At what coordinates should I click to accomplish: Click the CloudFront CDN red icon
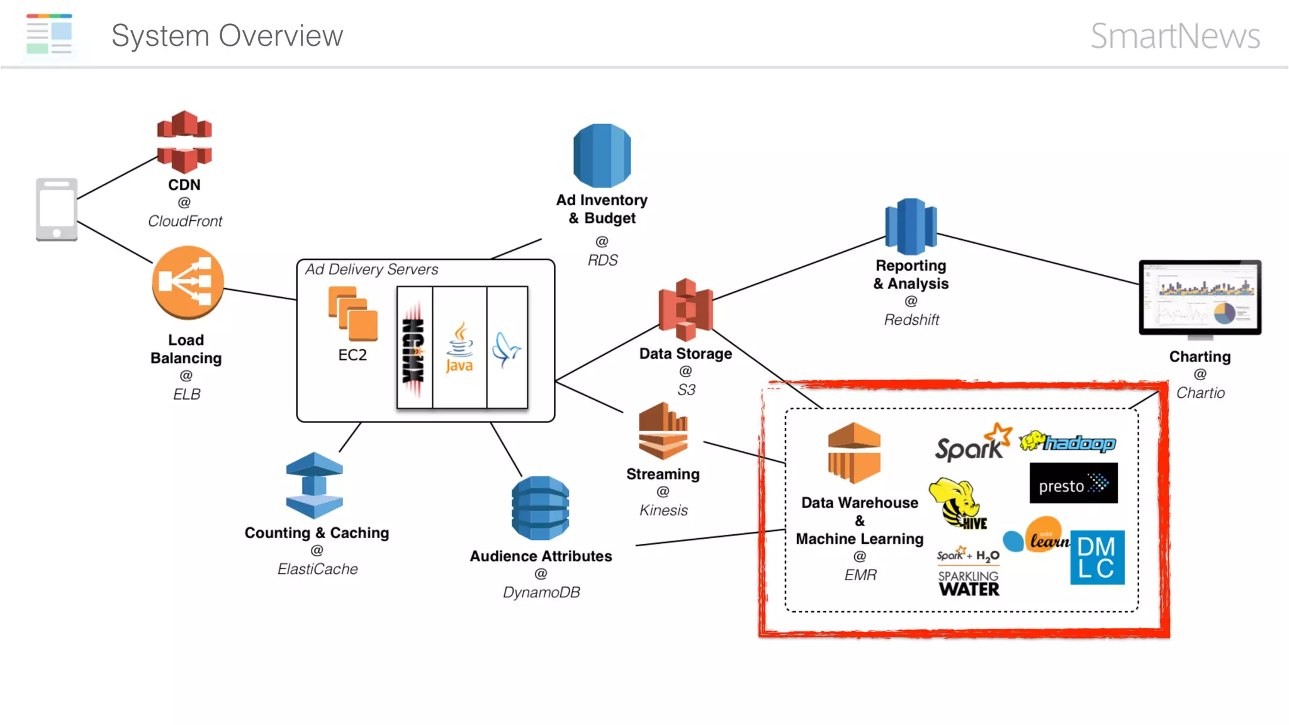(x=184, y=142)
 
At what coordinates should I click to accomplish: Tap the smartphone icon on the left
(x=57, y=210)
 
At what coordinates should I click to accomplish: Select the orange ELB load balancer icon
(x=188, y=282)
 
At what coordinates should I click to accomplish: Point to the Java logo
(x=459, y=347)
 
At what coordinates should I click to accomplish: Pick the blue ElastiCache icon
(x=314, y=485)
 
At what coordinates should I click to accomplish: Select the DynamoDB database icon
(x=540, y=508)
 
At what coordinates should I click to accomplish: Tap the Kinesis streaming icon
(x=663, y=432)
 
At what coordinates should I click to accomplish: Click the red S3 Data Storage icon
(x=685, y=310)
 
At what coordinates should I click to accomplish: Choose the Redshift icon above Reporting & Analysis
(x=911, y=226)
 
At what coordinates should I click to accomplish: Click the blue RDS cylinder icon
(x=602, y=155)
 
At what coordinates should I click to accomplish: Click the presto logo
(x=1073, y=483)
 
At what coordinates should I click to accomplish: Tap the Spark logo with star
(x=973, y=443)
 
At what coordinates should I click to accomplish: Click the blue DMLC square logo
(x=1097, y=557)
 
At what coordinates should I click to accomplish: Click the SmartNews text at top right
(x=1174, y=36)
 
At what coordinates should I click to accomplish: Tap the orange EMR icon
(x=853, y=453)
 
